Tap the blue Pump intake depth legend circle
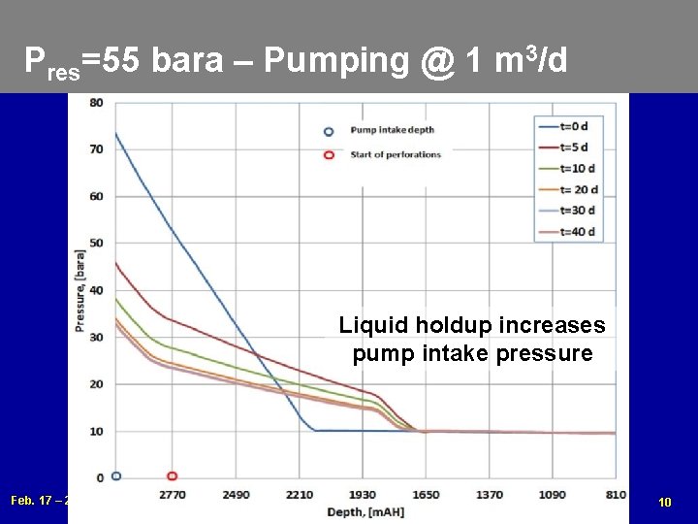329,131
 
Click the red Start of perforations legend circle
329,154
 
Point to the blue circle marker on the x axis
116,476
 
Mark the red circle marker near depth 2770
172,476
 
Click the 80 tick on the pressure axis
97,103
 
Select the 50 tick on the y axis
97,244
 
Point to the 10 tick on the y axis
97,431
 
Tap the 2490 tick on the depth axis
236,495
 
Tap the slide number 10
664,502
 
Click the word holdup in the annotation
447,325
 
